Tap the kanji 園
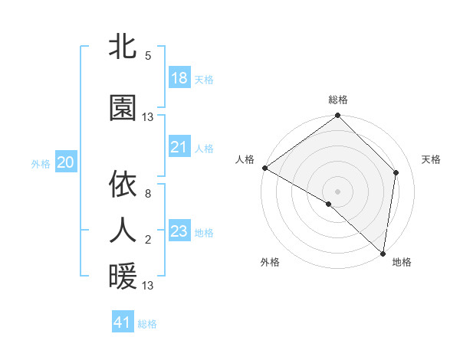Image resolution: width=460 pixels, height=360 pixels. (x=123, y=108)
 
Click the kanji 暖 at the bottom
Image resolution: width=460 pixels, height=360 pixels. (x=123, y=277)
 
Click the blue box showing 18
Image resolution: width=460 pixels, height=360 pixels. (x=179, y=78)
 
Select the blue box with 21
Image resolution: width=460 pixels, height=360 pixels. (x=179, y=147)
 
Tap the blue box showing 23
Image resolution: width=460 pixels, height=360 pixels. (x=179, y=231)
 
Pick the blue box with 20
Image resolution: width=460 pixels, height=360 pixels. (x=65, y=162)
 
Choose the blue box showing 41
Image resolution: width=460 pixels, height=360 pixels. (x=123, y=322)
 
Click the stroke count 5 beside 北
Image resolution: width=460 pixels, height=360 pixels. (x=148, y=56)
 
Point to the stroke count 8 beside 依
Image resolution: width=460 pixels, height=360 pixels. (x=148, y=194)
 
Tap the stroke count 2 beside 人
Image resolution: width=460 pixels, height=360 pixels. (x=148, y=240)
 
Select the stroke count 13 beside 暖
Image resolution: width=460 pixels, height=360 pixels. (x=148, y=286)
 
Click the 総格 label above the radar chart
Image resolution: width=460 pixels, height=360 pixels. (x=337, y=100)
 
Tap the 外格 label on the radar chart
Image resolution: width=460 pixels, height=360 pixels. (x=270, y=262)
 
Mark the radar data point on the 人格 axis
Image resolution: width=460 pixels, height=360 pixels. (x=264, y=168)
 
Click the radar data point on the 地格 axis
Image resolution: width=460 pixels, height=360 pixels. (x=383, y=254)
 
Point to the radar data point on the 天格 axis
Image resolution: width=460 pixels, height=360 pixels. (x=396, y=172)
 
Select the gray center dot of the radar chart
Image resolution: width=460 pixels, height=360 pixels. (x=337, y=191)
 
